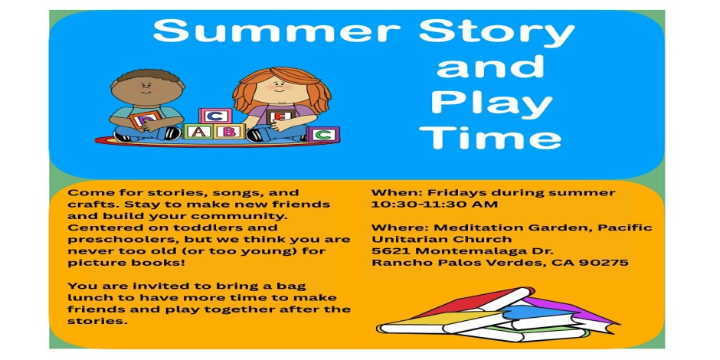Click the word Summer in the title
tap(277, 31)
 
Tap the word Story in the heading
tap(497, 34)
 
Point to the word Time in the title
tap(490, 137)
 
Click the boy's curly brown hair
tap(147, 77)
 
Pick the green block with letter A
tap(197, 131)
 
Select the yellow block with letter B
tap(229, 131)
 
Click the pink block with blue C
tap(214, 116)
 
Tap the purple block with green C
tap(323, 134)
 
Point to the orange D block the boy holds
tap(145, 119)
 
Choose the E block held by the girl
tap(280, 116)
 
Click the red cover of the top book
tap(468, 300)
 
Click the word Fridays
tap(455, 193)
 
